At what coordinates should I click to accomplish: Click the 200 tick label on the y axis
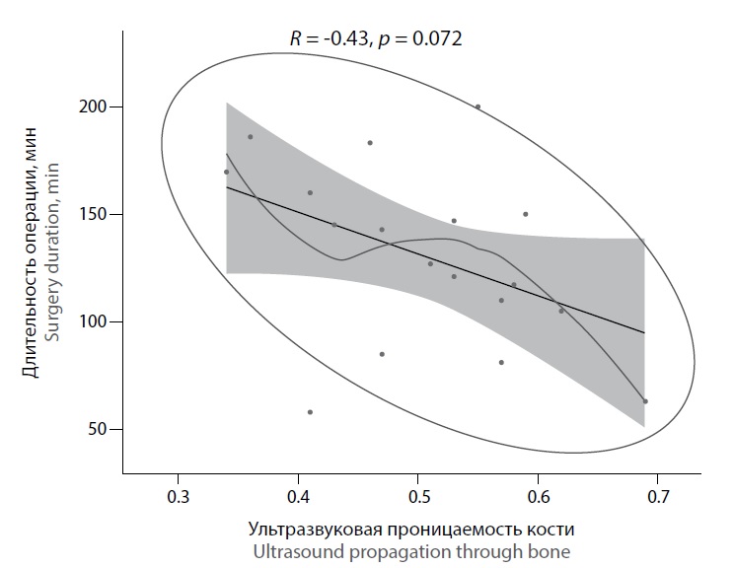[x=94, y=106]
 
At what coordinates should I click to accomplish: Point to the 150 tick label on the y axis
[x=94, y=214]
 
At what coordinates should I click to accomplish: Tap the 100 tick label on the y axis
[x=94, y=321]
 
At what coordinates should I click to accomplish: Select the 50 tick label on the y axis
[x=98, y=429]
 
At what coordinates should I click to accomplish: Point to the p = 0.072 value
[x=419, y=40]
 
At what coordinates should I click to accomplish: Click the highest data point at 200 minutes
[x=477, y=106]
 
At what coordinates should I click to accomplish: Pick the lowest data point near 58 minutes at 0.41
[x=310, y=411]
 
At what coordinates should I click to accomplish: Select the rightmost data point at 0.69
[x=645, y=401]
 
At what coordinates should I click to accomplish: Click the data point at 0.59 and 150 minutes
[x=526, y=214]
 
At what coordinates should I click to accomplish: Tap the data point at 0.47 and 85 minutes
[x=382, y=354]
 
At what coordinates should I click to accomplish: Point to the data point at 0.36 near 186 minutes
[x=251, y=137]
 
